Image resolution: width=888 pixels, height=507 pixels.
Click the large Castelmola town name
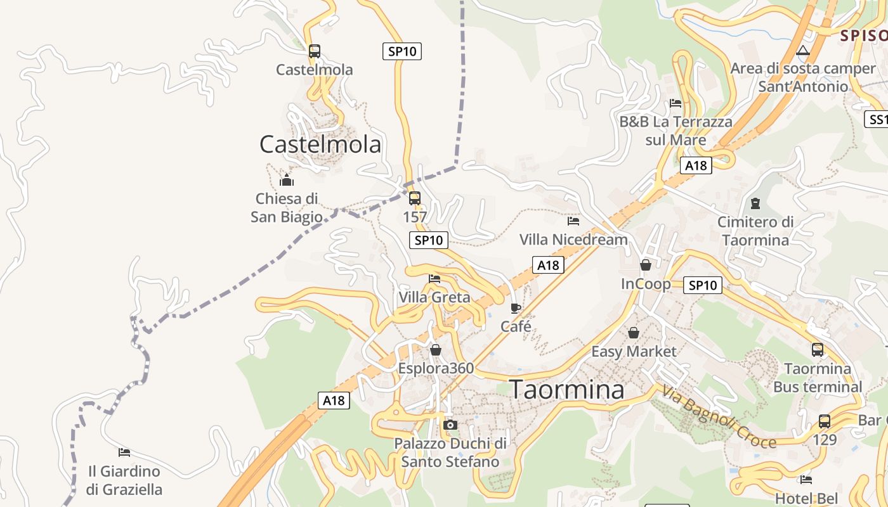[320, 144]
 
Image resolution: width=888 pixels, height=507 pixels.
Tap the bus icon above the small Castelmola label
[314, 51]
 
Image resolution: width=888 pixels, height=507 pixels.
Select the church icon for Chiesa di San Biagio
[287, 181]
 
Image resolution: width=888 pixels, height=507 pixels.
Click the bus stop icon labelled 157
[415, 198]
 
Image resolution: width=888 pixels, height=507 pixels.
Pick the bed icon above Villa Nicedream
[573, 221]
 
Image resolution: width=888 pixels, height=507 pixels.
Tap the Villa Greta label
[434, 297]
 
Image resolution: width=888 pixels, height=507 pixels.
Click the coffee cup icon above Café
[516, 309]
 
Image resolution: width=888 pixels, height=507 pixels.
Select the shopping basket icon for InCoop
[646, 265]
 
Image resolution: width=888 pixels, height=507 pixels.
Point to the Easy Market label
[634, 351]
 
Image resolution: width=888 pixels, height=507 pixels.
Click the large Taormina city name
[567, 389]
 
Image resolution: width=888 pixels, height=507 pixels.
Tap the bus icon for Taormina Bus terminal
[818, 349]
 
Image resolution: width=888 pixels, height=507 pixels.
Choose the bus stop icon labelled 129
[825, 421]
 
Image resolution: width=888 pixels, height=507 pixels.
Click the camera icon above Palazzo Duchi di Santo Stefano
[450, 425]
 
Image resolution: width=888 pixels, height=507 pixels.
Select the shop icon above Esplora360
[436, 350]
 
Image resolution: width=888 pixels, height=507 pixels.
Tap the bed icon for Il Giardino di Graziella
[124, 452]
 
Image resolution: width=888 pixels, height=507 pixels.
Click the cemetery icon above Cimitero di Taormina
[755, 203]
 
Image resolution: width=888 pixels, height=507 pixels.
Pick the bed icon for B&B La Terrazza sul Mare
[676, 103]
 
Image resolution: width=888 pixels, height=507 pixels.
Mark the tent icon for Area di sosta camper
[803, 51]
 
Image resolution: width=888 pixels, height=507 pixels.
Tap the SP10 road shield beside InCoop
[702, 285]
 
